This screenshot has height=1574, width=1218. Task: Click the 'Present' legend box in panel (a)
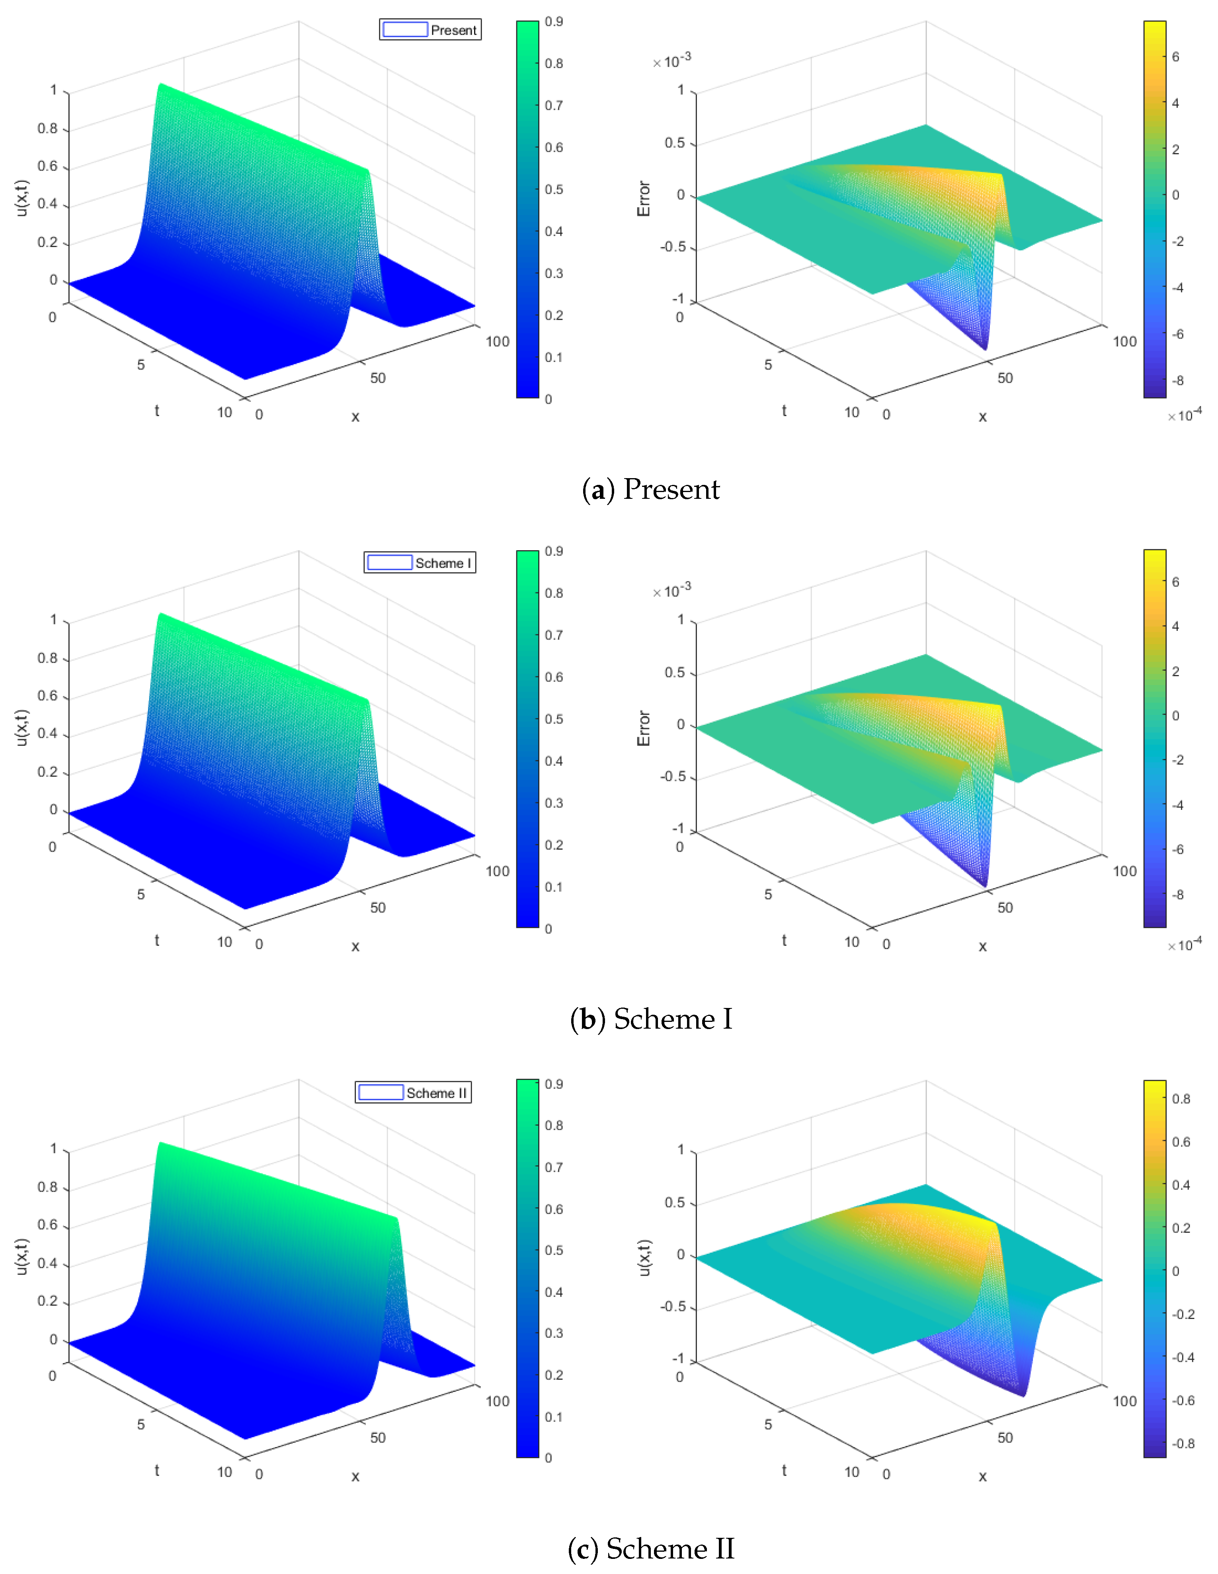tap(430, 29)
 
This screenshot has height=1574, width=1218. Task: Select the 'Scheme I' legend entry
tap(420, 563)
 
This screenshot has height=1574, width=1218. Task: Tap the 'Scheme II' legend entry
tap(413, 1093)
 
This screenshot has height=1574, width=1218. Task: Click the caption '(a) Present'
tap(650, 489)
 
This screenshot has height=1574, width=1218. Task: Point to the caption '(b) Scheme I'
tap(650, 1019)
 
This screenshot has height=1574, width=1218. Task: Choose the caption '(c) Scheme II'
tap(650, 1549)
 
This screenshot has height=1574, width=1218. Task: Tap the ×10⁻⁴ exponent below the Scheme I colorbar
tap(1185, 944)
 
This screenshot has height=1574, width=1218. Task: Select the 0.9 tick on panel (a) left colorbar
tap(554, 21)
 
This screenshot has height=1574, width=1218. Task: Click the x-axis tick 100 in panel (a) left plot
tap(498, 342)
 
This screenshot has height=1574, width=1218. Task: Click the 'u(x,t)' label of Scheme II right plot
tap(645, 1258)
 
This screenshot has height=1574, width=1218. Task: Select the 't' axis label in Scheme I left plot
tap(156, 940)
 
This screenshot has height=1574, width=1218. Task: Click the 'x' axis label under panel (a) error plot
tap(982, 416)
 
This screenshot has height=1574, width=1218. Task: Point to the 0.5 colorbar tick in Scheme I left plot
tap(554, 719)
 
